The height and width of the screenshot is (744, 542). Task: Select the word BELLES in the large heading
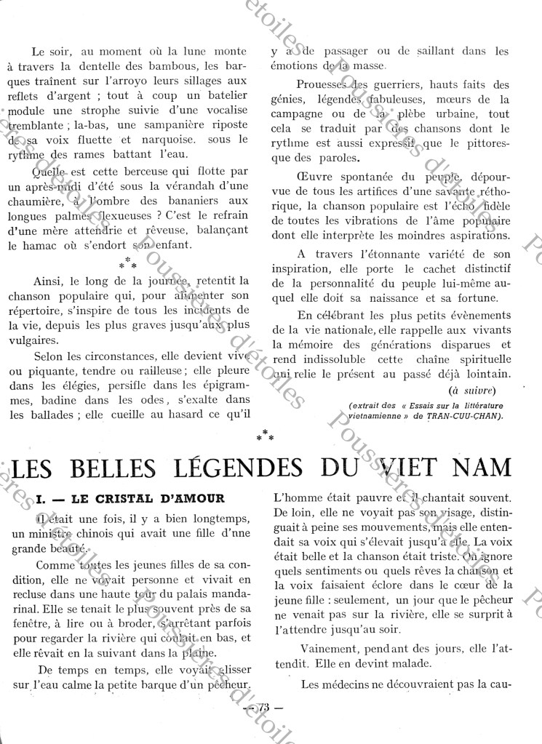point(103,465)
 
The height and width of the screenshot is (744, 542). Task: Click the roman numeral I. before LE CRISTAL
point(41,498)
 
